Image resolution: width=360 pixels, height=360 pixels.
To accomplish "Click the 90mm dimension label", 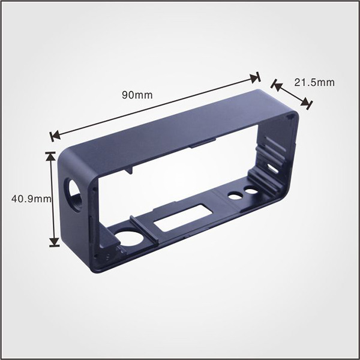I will (137, 95).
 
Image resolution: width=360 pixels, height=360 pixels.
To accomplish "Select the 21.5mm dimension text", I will (314, 82).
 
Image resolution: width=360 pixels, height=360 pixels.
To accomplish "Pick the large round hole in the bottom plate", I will (130, 238).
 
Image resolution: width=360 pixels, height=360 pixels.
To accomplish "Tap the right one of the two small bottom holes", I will (251, 191).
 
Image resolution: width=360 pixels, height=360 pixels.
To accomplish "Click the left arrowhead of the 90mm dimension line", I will (54, 136).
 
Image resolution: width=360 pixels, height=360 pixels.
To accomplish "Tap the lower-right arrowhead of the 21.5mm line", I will (308, 104).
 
